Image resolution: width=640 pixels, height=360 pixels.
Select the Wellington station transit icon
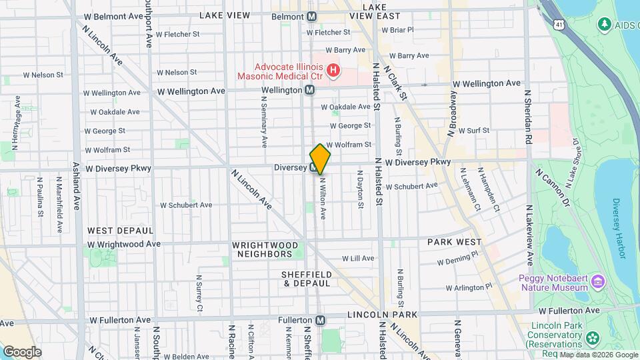310,90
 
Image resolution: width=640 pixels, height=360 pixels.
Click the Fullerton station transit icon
321,320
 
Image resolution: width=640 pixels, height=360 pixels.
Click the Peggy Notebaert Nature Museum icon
598,281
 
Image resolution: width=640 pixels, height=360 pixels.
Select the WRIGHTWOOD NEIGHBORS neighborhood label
263,249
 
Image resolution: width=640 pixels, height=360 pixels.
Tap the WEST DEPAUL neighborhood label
121,230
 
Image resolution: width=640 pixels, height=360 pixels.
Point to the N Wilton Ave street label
323,198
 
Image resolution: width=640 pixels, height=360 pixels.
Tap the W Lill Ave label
358,258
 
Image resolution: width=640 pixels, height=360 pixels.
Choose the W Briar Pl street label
397,30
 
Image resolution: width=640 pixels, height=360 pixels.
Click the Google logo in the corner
22,351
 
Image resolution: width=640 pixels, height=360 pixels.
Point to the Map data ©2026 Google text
598,355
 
